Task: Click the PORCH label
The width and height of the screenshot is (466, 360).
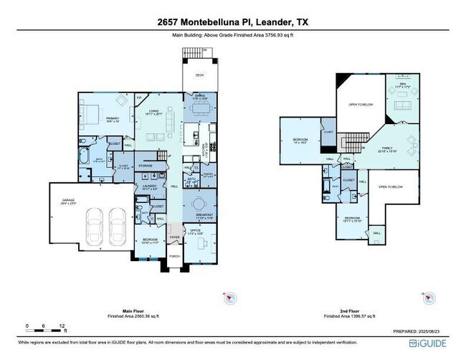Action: (173, 256)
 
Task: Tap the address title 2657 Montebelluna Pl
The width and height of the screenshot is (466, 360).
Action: (232, 22)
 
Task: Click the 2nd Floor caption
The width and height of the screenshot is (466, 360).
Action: (346, 309)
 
